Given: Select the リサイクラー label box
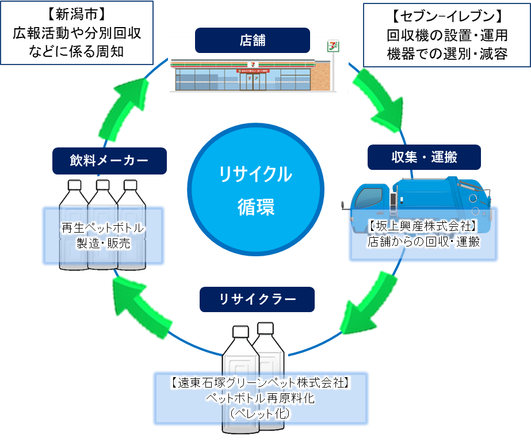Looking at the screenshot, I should click(257, 299).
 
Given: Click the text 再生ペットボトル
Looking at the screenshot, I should click(103, 229).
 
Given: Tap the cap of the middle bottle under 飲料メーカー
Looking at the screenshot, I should click(102, 185).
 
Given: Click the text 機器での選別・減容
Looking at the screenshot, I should click(447, 54).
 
